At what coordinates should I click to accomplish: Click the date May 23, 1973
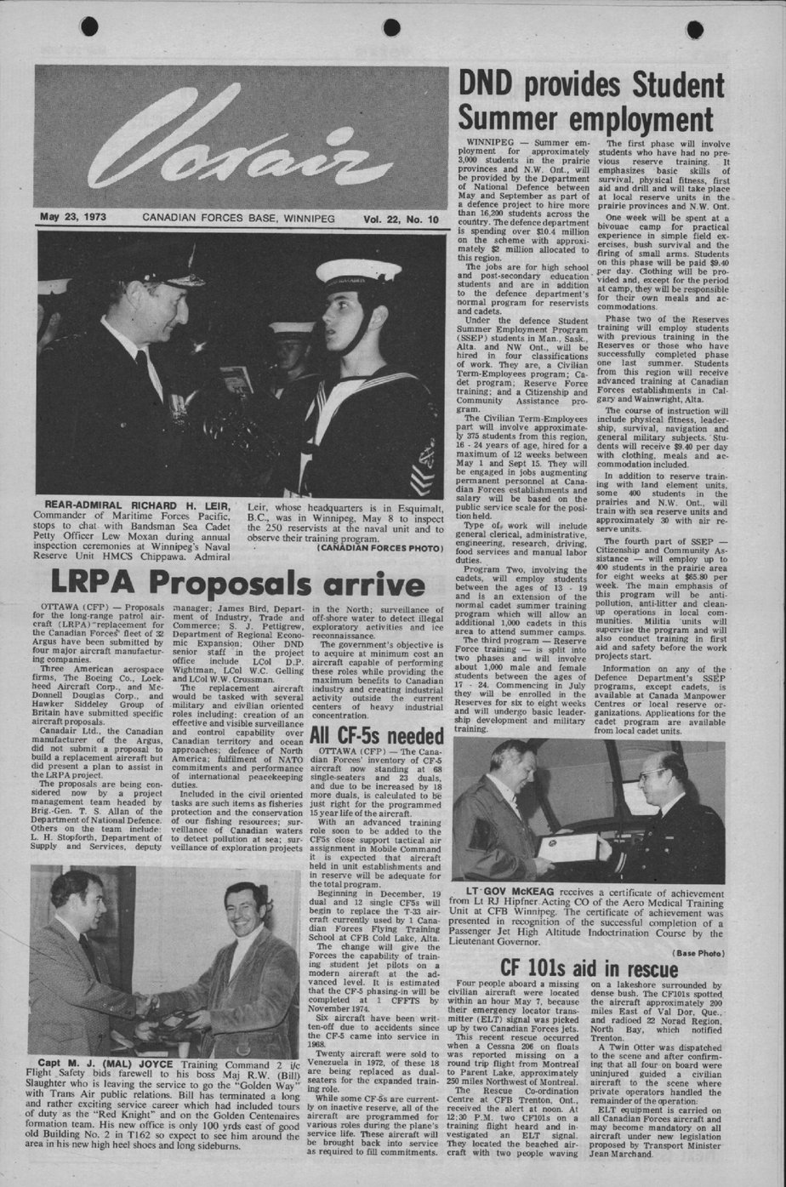click(x=73, y=218)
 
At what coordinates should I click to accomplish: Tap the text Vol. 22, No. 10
click(x=401, y=220)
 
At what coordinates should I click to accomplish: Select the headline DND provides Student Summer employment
click(x=591, y=100)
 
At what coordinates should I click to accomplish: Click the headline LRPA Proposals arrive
click(x=237, y=584)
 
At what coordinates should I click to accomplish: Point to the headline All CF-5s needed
click(x=377, y=735)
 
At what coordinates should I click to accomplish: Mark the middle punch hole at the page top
click(x=391, y=27)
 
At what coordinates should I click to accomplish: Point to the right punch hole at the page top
click(x=694, y=29)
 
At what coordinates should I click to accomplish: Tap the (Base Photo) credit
click(x=698, y=952)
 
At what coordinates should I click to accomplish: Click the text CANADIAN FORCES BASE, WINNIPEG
click(x=238, y=219)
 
